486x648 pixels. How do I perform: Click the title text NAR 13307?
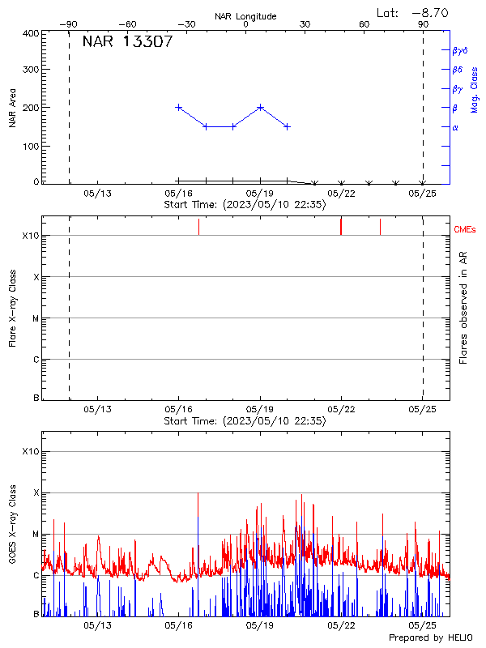[x=127, y=43]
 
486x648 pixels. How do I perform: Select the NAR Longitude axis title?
[x=245, y=16]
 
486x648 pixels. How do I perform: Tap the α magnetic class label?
[x=455, y=127]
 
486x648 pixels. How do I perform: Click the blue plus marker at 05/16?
[x=178, y=107]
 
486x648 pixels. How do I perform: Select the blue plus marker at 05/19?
[x=260, y=107]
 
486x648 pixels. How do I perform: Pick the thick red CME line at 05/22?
[x=341, y=226]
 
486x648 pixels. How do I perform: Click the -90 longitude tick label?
[x=69, y=25]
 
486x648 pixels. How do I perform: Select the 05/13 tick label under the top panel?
[x=96, y=194]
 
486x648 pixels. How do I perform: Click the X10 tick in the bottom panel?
[x=30, y=451]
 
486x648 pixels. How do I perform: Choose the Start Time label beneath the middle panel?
[x=245, y=421]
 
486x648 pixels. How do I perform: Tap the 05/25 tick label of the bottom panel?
[x=423, y=626]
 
